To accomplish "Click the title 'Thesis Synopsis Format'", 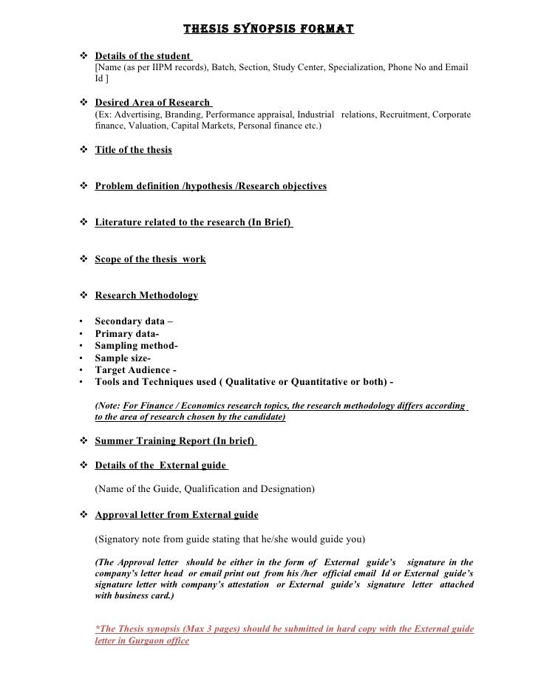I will tap(268, 30).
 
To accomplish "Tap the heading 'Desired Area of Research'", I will tap(153, 103).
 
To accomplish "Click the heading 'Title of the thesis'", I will tap(133, 150).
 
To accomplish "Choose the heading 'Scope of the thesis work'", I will tap(150, 259).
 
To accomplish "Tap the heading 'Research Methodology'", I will tap(146, 296).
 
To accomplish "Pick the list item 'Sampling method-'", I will tap(136, 346).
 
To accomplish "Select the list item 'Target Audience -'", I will tap(136, 370).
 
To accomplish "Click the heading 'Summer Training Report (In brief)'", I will tap(175, 441).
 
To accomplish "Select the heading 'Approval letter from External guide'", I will tap(177, 514).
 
